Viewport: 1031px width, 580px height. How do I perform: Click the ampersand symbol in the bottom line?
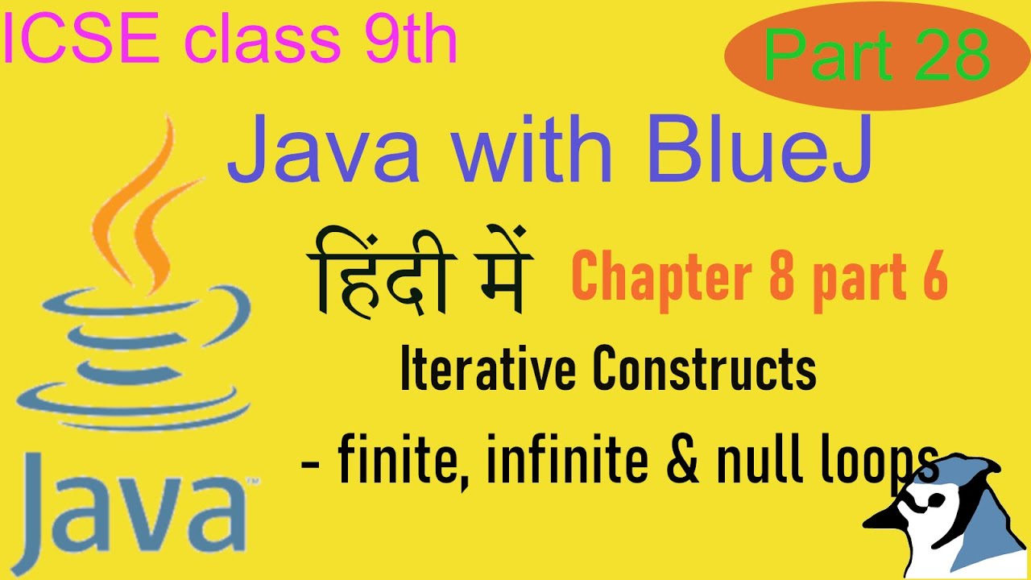685,464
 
